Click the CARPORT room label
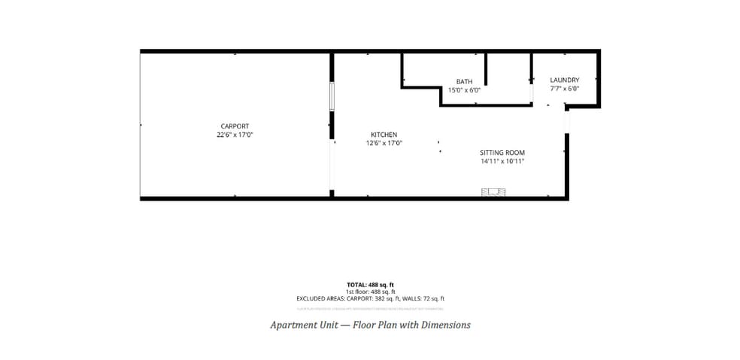(x=235, y=126)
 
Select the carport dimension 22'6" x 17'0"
(x=235, y=135)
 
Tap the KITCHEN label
(x=384, y=135)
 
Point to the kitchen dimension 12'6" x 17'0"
(x=384, y=143)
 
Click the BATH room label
(x=464, y=81)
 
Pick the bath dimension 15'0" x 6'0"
(x=464, y=90)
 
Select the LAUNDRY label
(x=564, y=80)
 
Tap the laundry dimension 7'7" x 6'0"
(x=564, y=89)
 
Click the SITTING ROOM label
(x=502, y=153)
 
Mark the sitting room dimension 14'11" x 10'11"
(x=502, y=161)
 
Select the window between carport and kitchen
(x=331, y=97)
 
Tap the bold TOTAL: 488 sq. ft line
(x=370, y=285)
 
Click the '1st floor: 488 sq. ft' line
(x=370, y=292)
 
